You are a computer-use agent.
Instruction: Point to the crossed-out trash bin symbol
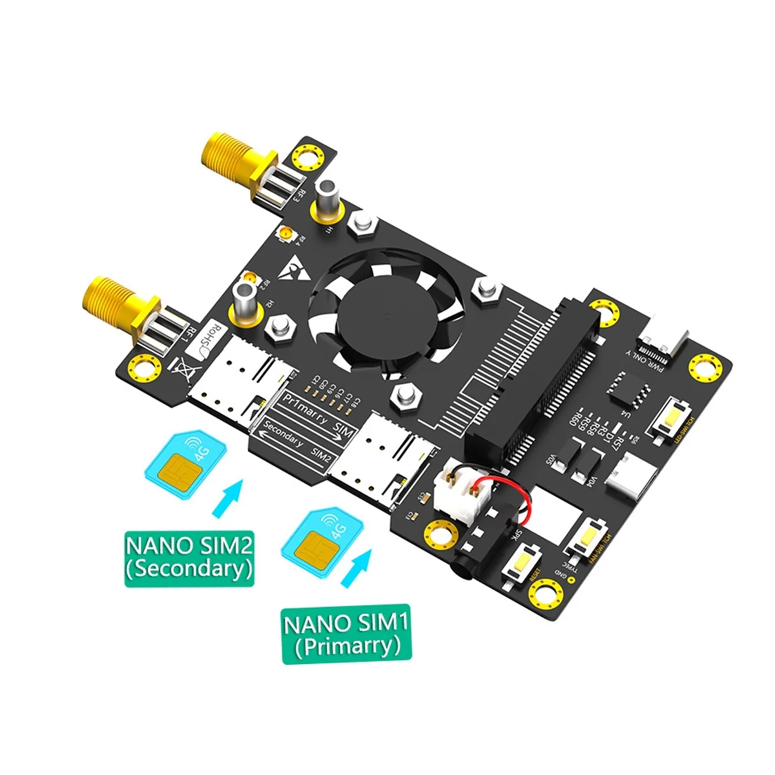pyautogui.click(x=178, y=373)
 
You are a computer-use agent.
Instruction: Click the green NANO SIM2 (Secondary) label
pyautogui.click(x=189, y=557)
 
